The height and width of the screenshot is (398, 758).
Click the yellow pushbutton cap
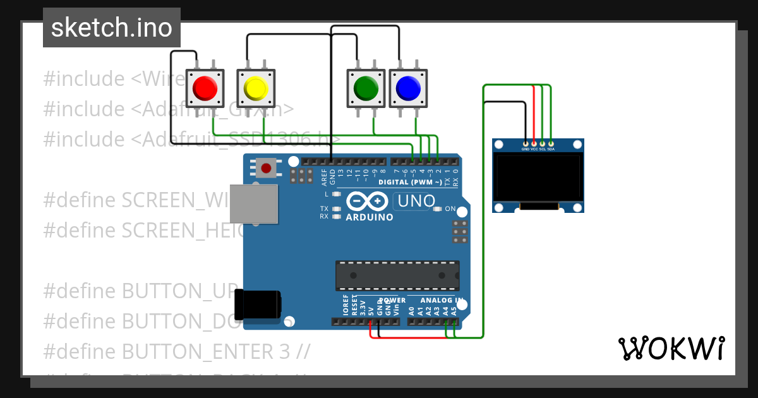256,88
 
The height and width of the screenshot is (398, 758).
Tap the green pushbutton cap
366,88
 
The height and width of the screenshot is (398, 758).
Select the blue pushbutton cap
407,88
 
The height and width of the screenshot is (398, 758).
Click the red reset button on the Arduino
266,168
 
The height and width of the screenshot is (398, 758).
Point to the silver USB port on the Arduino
253,203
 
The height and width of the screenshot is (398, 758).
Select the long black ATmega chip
397,275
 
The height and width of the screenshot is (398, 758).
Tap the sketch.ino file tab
112,28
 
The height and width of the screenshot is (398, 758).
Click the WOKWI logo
671,348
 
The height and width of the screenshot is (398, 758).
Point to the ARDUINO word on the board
370,217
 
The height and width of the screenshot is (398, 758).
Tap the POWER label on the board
392,300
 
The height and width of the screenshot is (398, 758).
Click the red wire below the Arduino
411,337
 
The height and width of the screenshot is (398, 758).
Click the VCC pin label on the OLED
534,149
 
